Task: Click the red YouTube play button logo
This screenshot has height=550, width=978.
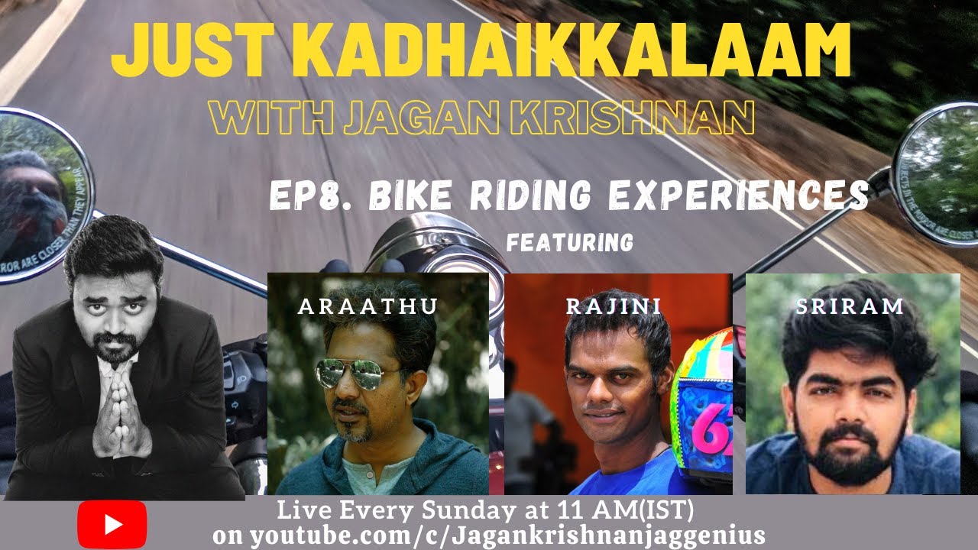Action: tap(112, 524)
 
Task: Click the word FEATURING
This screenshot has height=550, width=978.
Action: tap(570, 243)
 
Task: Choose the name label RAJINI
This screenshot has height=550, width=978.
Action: tap(614, 306)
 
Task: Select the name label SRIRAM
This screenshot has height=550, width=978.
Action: tap(850, 306)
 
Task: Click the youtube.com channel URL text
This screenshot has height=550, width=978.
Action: tap(489, 534)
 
